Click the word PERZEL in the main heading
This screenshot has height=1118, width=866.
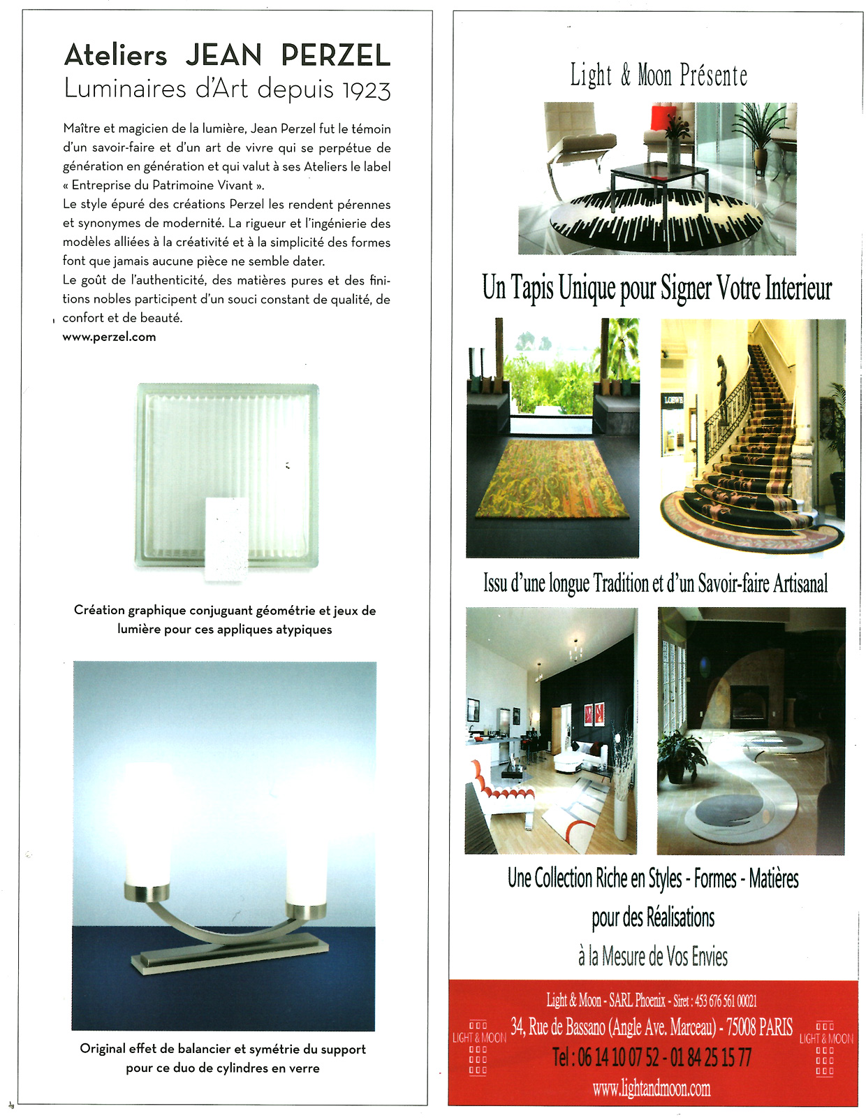point(335,55)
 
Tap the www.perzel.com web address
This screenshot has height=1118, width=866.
point(109,337)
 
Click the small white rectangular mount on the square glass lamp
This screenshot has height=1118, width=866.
point(226,538)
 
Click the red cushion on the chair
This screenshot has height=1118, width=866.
point(663,117)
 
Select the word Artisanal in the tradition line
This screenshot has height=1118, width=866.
point(800,583)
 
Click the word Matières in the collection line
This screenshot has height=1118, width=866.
point(773,878)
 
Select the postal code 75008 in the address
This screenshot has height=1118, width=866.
point(741,1027)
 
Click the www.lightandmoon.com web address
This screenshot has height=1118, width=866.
point(652,1088)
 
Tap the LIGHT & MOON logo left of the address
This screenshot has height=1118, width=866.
point(478,1048)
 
